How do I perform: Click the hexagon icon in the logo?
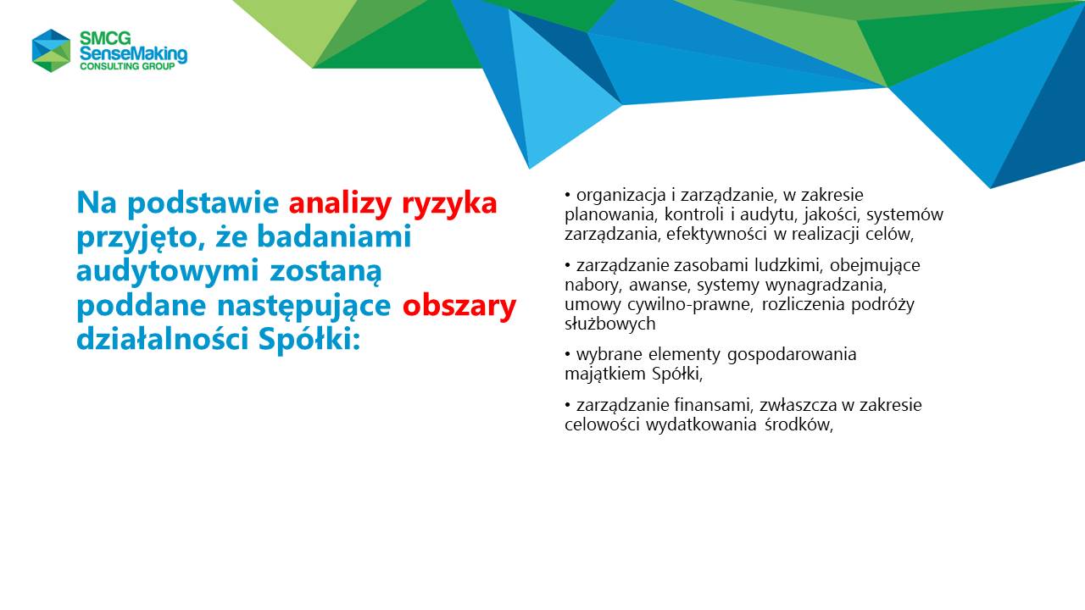click(52, 50)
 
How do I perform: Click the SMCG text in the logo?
click(105, 38)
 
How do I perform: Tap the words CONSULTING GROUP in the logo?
click(127, 66)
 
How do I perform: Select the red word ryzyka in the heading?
click(449, 204)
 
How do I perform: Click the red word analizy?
click(340, 202)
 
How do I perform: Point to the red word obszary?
click(459, 307)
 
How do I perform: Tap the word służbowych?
click(609, 324)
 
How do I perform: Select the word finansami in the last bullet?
click(713, 405)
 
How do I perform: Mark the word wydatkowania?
click(701, 424)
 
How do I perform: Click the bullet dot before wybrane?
click(568, 355)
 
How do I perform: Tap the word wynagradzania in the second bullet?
click(826, 286)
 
